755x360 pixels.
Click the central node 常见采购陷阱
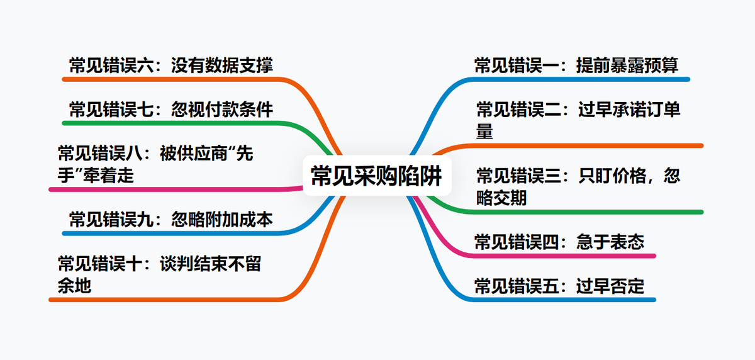point(376,177)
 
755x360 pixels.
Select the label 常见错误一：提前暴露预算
point(576,65)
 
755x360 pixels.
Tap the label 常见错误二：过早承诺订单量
point(578,120)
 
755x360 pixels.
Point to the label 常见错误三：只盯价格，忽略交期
point(578,186)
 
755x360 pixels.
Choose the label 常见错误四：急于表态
point(559,242)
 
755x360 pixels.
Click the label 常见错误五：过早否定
point(559,286)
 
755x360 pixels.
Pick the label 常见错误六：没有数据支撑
point(171,65)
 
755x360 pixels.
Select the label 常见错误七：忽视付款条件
point(171,110)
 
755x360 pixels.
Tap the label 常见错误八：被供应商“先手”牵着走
point(155,164)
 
